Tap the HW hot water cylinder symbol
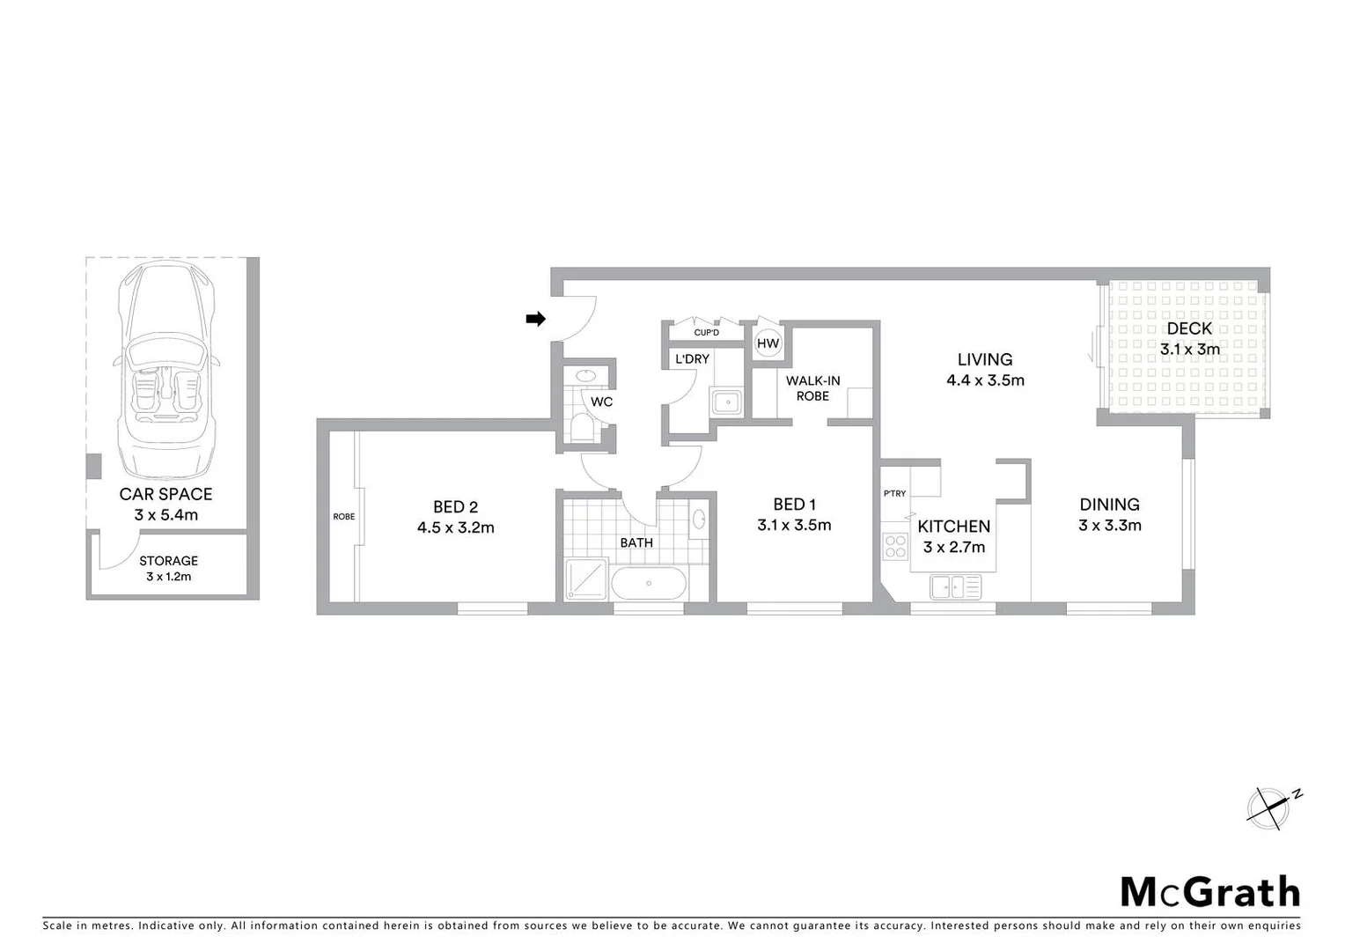point(768,343)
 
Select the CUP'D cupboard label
point(706,332)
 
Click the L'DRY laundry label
point(692,359)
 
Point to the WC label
point(602,402)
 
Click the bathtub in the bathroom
point(648,584)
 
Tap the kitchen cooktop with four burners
point(895,547)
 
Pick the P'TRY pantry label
point(894,494)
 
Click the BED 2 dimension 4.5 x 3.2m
point(456,528)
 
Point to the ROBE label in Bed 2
point(344,517)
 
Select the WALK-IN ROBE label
point(812,388)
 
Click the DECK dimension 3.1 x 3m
point(1190,349)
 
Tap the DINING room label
point(1110,505)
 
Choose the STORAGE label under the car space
point(168,561)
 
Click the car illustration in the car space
point(166,370)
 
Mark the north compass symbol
point(1271,807)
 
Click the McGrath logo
point(1209,892)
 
